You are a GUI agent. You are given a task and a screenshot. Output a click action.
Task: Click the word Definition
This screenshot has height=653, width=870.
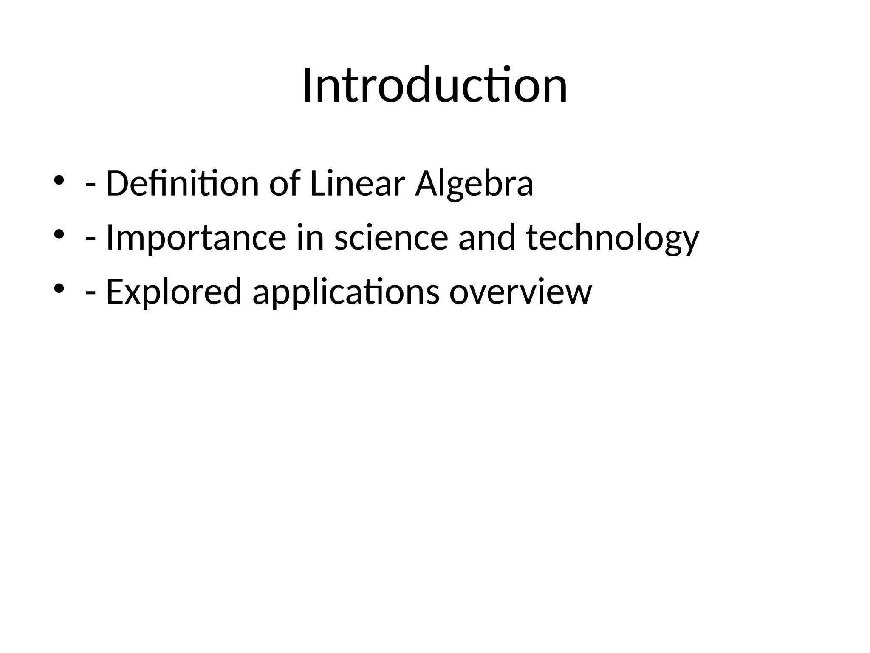182,184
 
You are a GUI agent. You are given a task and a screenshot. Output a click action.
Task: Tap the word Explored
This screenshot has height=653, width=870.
174,292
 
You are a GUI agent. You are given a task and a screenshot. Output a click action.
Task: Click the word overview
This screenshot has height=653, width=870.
520,292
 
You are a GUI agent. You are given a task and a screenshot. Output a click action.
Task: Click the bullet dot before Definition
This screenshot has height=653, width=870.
59,180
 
